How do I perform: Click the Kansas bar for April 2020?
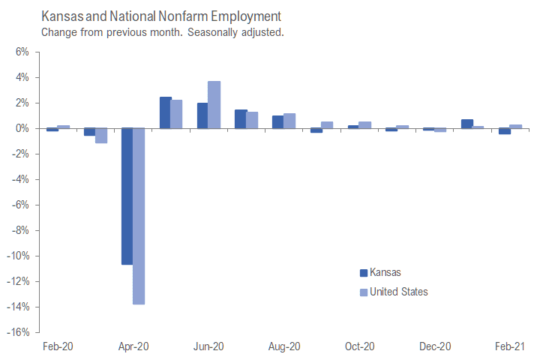[127, 196]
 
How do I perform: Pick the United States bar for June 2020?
[214, 104]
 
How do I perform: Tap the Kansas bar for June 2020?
[202, 115]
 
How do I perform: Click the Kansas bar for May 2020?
[165, 112]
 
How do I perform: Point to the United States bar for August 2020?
[289, 121]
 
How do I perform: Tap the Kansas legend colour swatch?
[364, 273]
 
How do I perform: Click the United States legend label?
[399, 292]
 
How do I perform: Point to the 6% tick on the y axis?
[20, 52]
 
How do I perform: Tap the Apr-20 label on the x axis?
[133, 346]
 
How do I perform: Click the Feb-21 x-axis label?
[510, 346]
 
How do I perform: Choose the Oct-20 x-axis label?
[359, 346]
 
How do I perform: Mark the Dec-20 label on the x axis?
[435, 346]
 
